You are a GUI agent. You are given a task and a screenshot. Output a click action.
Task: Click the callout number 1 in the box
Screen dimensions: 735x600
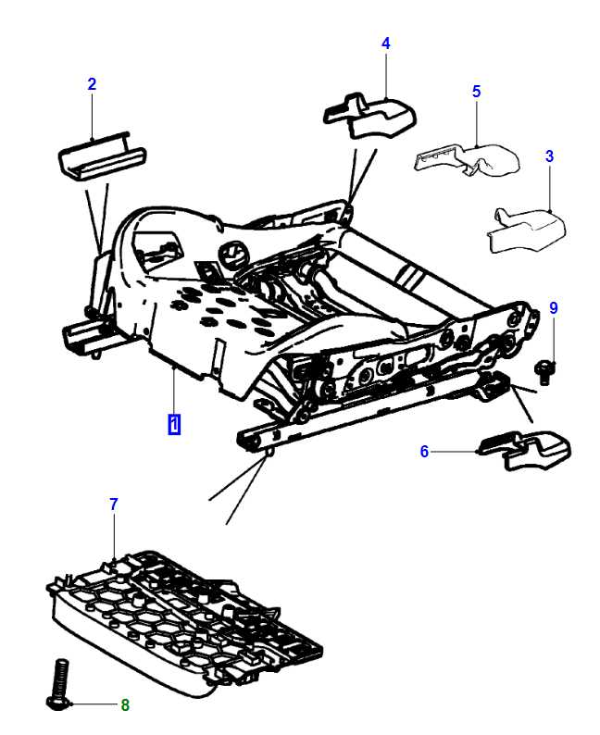174,425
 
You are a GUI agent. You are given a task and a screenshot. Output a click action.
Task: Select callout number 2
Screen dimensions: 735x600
92,85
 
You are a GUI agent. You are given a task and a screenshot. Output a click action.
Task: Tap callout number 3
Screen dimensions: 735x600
549,156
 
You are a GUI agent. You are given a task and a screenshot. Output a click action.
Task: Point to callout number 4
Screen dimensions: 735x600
385,44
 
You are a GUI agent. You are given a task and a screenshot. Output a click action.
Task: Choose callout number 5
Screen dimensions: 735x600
476,91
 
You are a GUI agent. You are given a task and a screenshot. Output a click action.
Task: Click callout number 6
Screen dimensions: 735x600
424,452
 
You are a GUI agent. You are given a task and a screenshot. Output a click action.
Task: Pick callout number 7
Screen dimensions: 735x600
114,505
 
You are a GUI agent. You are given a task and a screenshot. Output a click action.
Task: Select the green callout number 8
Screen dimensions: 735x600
125,705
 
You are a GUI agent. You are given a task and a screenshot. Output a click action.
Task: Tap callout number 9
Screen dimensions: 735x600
554,307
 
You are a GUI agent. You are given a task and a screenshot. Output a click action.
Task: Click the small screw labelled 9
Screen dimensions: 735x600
546,368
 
